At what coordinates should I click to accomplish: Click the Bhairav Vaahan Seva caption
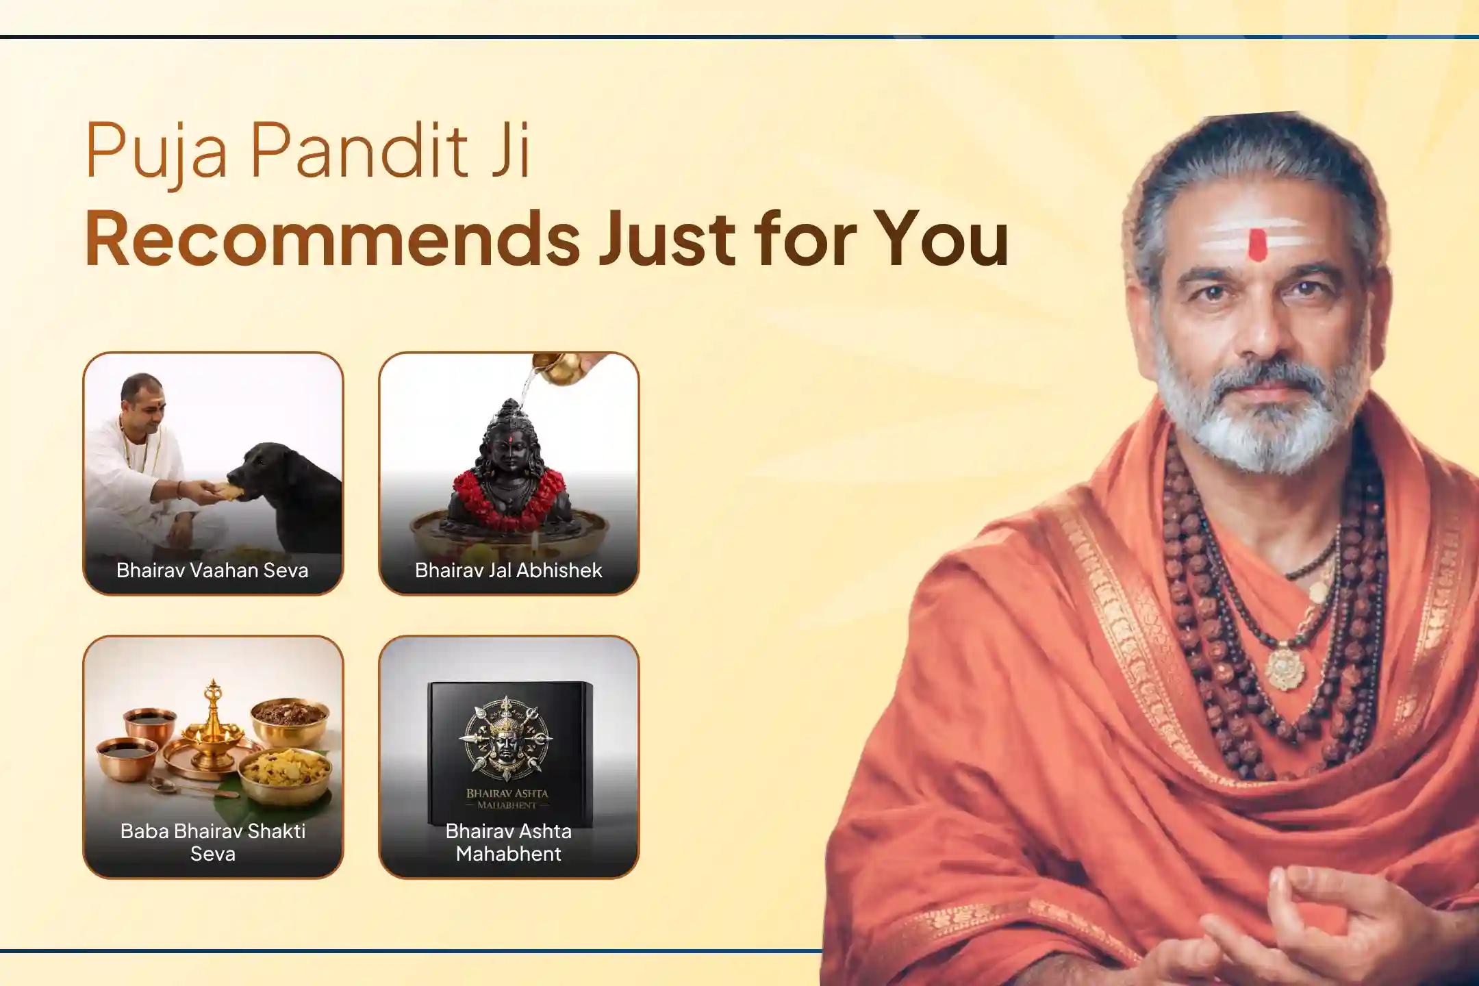[212, 570]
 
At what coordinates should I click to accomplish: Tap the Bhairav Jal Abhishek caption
[509, 570]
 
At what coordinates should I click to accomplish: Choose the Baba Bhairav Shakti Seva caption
[213, 842]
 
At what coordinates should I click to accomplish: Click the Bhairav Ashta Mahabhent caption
[509, 842]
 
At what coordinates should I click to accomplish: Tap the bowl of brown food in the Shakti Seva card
[289, 715]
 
